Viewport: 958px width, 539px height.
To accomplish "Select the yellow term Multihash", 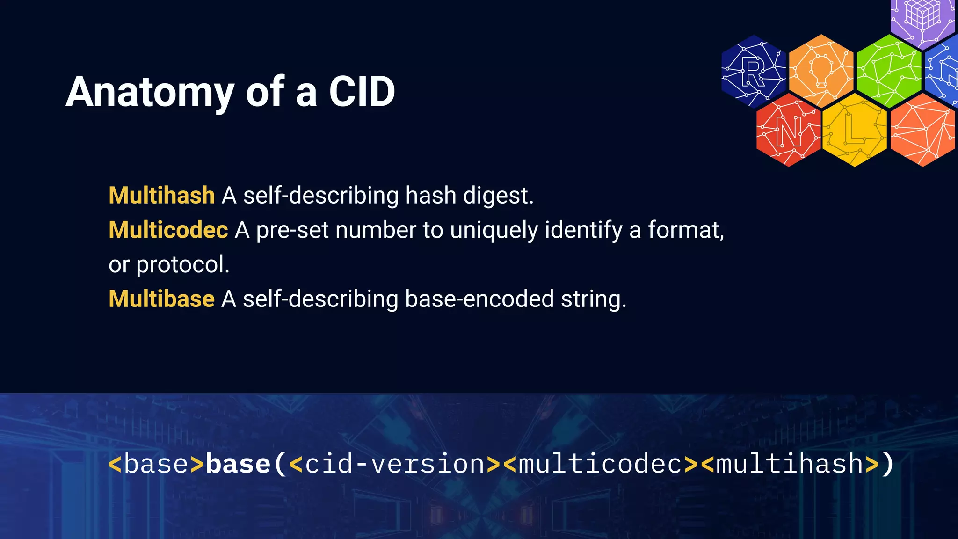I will (x=161, y=195).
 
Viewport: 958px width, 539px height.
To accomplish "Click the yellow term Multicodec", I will (x=168, y=230).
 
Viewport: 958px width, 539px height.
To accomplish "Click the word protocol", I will (x=182, y=264).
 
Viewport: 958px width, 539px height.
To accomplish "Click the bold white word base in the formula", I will (x=238, y=464).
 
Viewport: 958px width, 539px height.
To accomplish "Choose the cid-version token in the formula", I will (x=395, y=464).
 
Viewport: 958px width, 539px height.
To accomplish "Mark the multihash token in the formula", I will (x=790, y=464).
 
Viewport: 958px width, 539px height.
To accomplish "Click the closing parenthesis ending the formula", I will (x=887, y=464).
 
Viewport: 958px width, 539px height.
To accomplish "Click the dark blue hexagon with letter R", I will (x=753, y=72).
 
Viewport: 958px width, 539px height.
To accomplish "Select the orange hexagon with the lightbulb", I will (x=821, y=70).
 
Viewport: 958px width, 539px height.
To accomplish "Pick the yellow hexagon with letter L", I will (x=854, y=130).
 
